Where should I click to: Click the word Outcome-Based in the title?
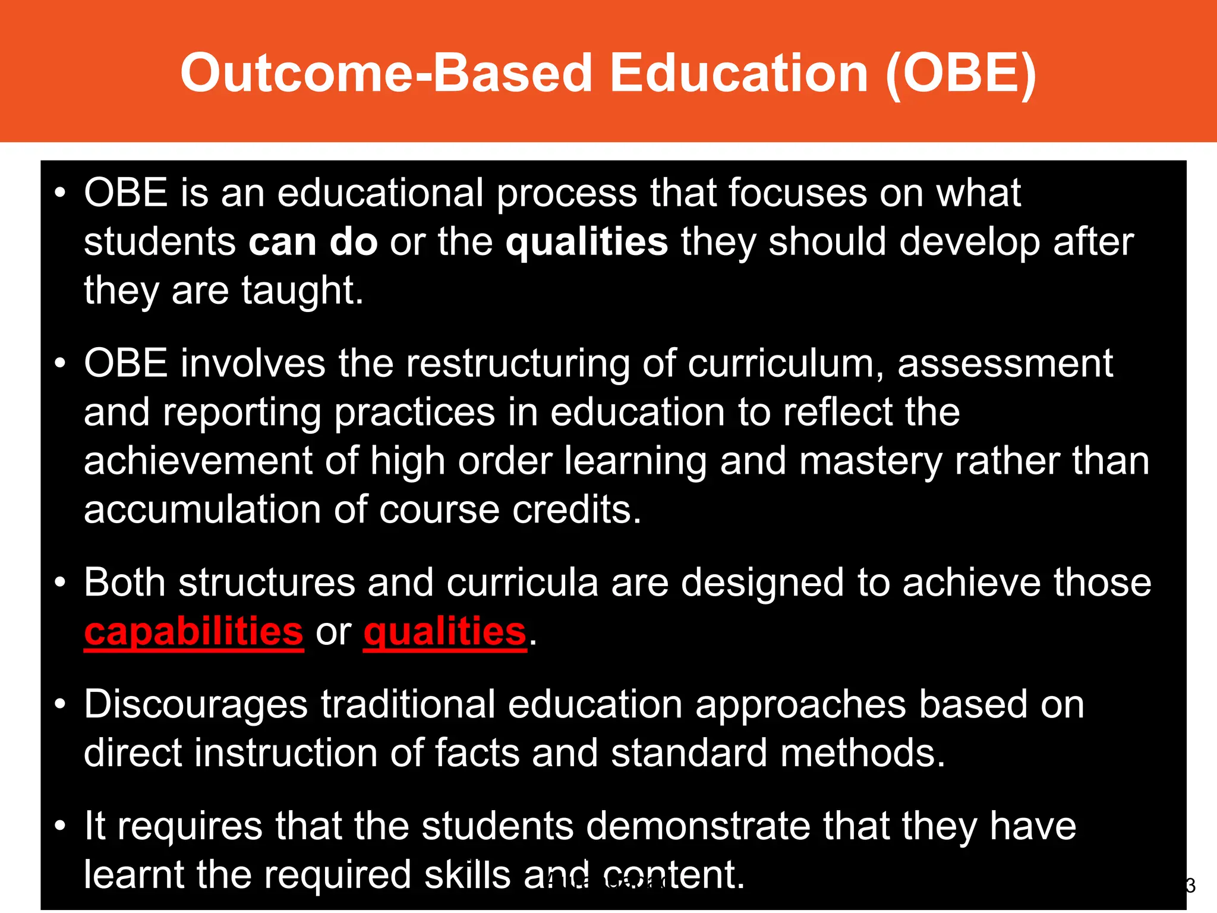click(386, 73)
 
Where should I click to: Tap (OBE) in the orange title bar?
click(960, 73)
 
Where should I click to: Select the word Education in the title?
click(739, 73)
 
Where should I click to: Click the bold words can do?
click(313, 242)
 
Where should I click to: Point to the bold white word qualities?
click(587, 242)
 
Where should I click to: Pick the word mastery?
click(871, 461)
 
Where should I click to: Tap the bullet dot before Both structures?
click(59, 583)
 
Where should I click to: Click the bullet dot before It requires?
click(59, 827)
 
